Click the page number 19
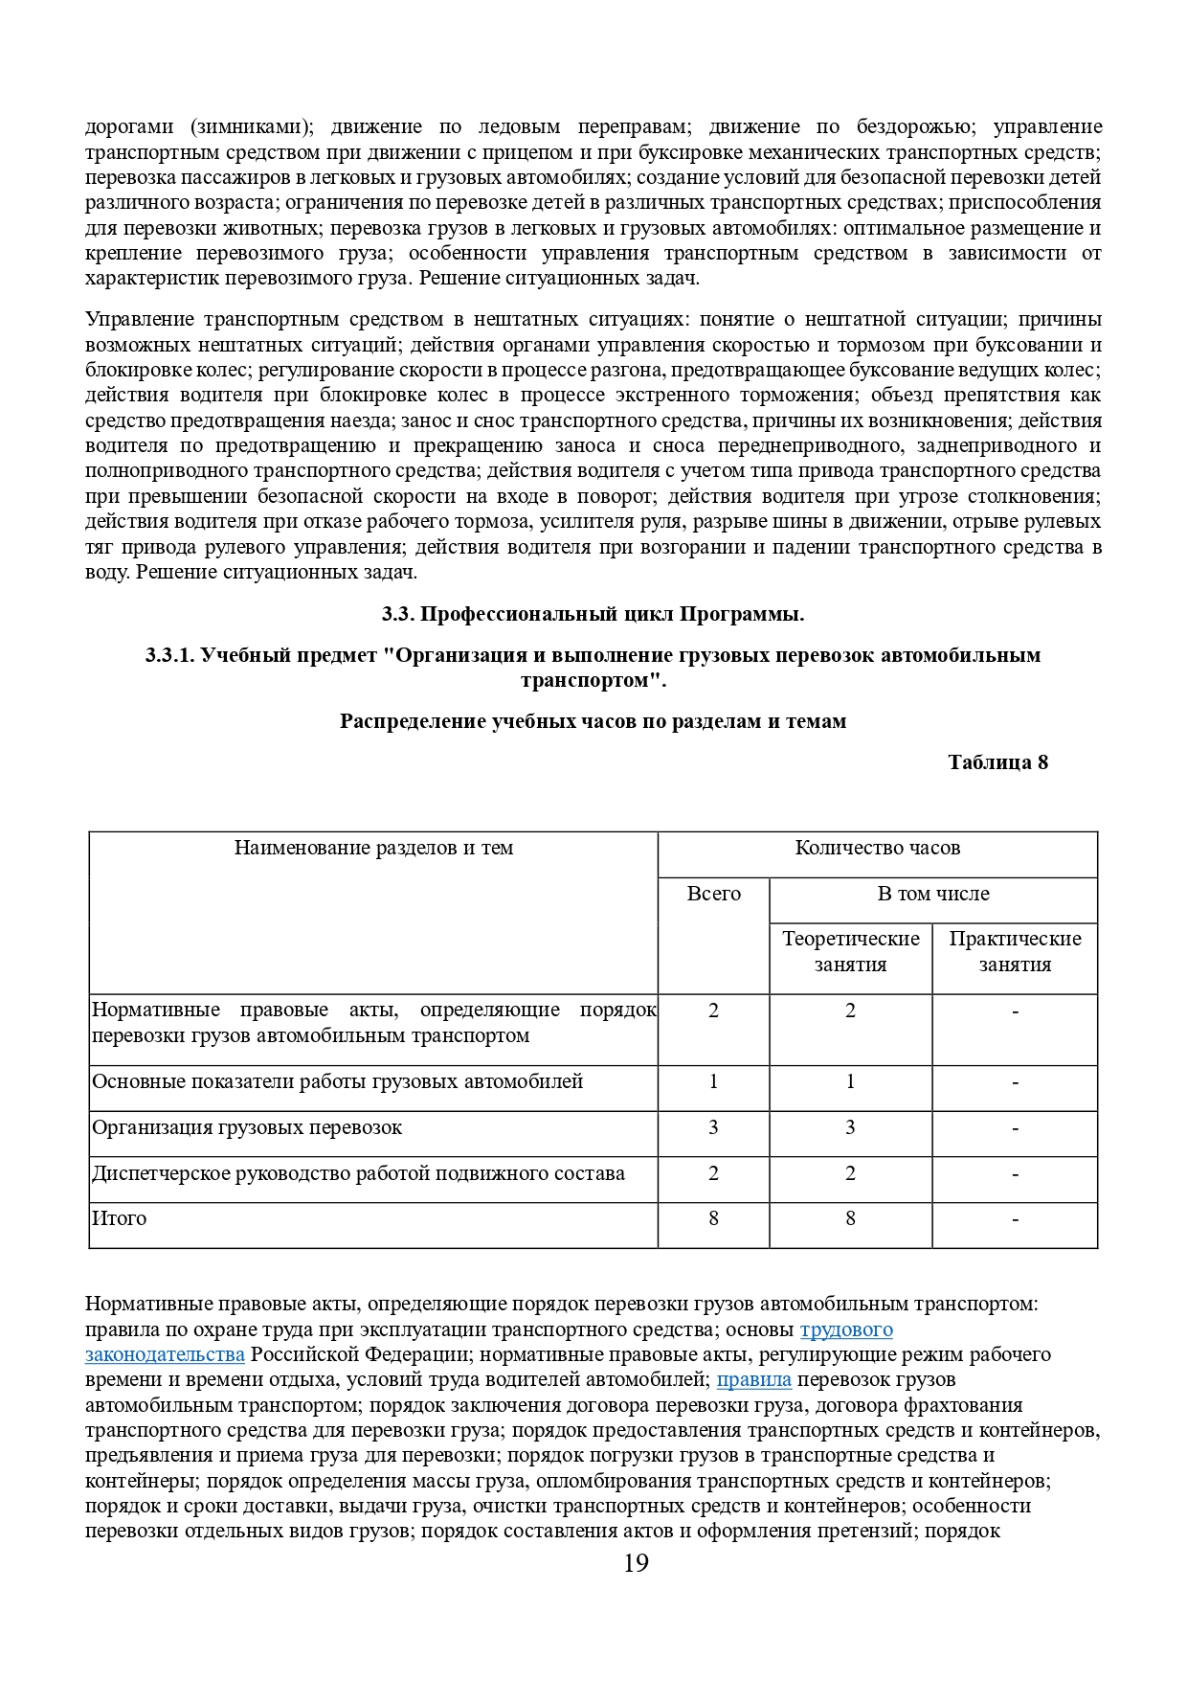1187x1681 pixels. (636, 1562)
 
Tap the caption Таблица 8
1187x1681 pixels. (997, 762)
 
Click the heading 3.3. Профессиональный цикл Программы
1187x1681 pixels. (593, 614)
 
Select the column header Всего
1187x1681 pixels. (713, 894)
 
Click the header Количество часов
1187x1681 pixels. (877, 848)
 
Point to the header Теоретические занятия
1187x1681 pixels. (850, 951)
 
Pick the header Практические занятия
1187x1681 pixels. (1015, 951)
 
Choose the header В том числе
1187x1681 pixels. (933, 894)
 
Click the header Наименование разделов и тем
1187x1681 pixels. (373, 848)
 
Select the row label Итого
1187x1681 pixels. (120, 1218)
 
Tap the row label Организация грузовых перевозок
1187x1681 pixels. (247, 1127)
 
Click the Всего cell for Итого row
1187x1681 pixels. (713, 1218)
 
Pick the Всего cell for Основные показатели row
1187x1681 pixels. (713, 1081)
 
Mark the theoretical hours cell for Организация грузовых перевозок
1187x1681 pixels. (850, 1127)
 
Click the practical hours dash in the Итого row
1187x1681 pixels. (1015, 1219)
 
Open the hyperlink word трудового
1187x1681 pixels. (846, 1329)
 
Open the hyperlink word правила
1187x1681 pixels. (754, 1379)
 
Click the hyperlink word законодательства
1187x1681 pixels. (165, 1354)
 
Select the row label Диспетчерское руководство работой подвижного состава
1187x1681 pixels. (358, 1173)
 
